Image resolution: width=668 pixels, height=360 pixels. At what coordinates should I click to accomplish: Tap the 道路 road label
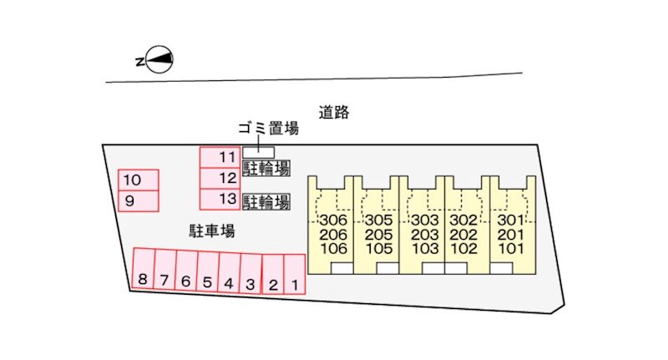[334, 112]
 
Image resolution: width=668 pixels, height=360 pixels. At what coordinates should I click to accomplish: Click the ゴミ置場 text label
[268, 128]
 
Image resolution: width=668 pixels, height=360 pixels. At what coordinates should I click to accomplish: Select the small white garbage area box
[258, 153]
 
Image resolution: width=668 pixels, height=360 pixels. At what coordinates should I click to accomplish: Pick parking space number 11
[220, 158]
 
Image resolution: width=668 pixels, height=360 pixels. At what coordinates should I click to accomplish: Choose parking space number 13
[220, 200]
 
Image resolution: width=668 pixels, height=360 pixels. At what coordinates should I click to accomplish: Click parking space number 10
[139, 180]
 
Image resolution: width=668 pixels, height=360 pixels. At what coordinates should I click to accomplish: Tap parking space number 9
[139, 200]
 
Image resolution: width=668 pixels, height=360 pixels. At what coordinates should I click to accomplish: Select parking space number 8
[143, 269]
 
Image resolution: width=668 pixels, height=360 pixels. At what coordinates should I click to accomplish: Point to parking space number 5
[208, 271]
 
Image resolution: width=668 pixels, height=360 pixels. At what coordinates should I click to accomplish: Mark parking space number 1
[295, 274]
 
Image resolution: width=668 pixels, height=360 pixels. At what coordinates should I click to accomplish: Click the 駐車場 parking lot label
[212, 231]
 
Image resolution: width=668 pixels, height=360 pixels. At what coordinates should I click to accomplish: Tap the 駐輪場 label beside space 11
[266, 168]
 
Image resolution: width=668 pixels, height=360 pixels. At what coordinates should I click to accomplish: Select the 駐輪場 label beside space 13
[266, 202]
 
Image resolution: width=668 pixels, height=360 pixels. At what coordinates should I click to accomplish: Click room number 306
[333, 220]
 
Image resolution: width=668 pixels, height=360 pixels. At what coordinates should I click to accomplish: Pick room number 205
[379, 235]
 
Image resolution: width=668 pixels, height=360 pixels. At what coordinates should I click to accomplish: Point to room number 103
[425, 248]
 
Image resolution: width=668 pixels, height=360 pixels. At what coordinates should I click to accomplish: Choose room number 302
[463, 220]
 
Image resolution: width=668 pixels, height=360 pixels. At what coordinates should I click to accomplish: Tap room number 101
[510, 248]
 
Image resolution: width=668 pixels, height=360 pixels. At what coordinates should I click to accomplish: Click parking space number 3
[250, 273]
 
